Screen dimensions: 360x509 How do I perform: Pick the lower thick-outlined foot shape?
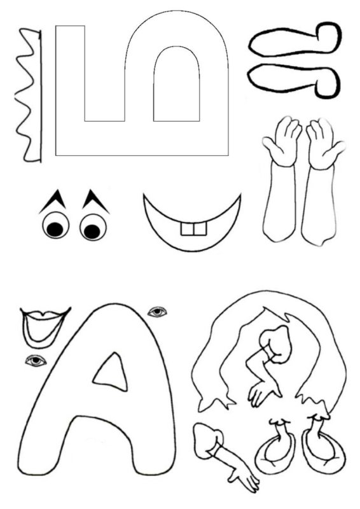click(294, 80)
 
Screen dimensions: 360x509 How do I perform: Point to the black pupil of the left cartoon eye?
click(55, 230)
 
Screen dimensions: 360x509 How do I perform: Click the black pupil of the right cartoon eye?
click(92, 231)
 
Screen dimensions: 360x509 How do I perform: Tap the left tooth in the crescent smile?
click(187, 229)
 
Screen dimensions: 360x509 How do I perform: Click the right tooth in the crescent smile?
click(200, 229)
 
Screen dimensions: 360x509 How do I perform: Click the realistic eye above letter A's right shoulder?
click(158, 312)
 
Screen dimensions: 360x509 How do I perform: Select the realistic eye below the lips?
click(36, 360)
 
